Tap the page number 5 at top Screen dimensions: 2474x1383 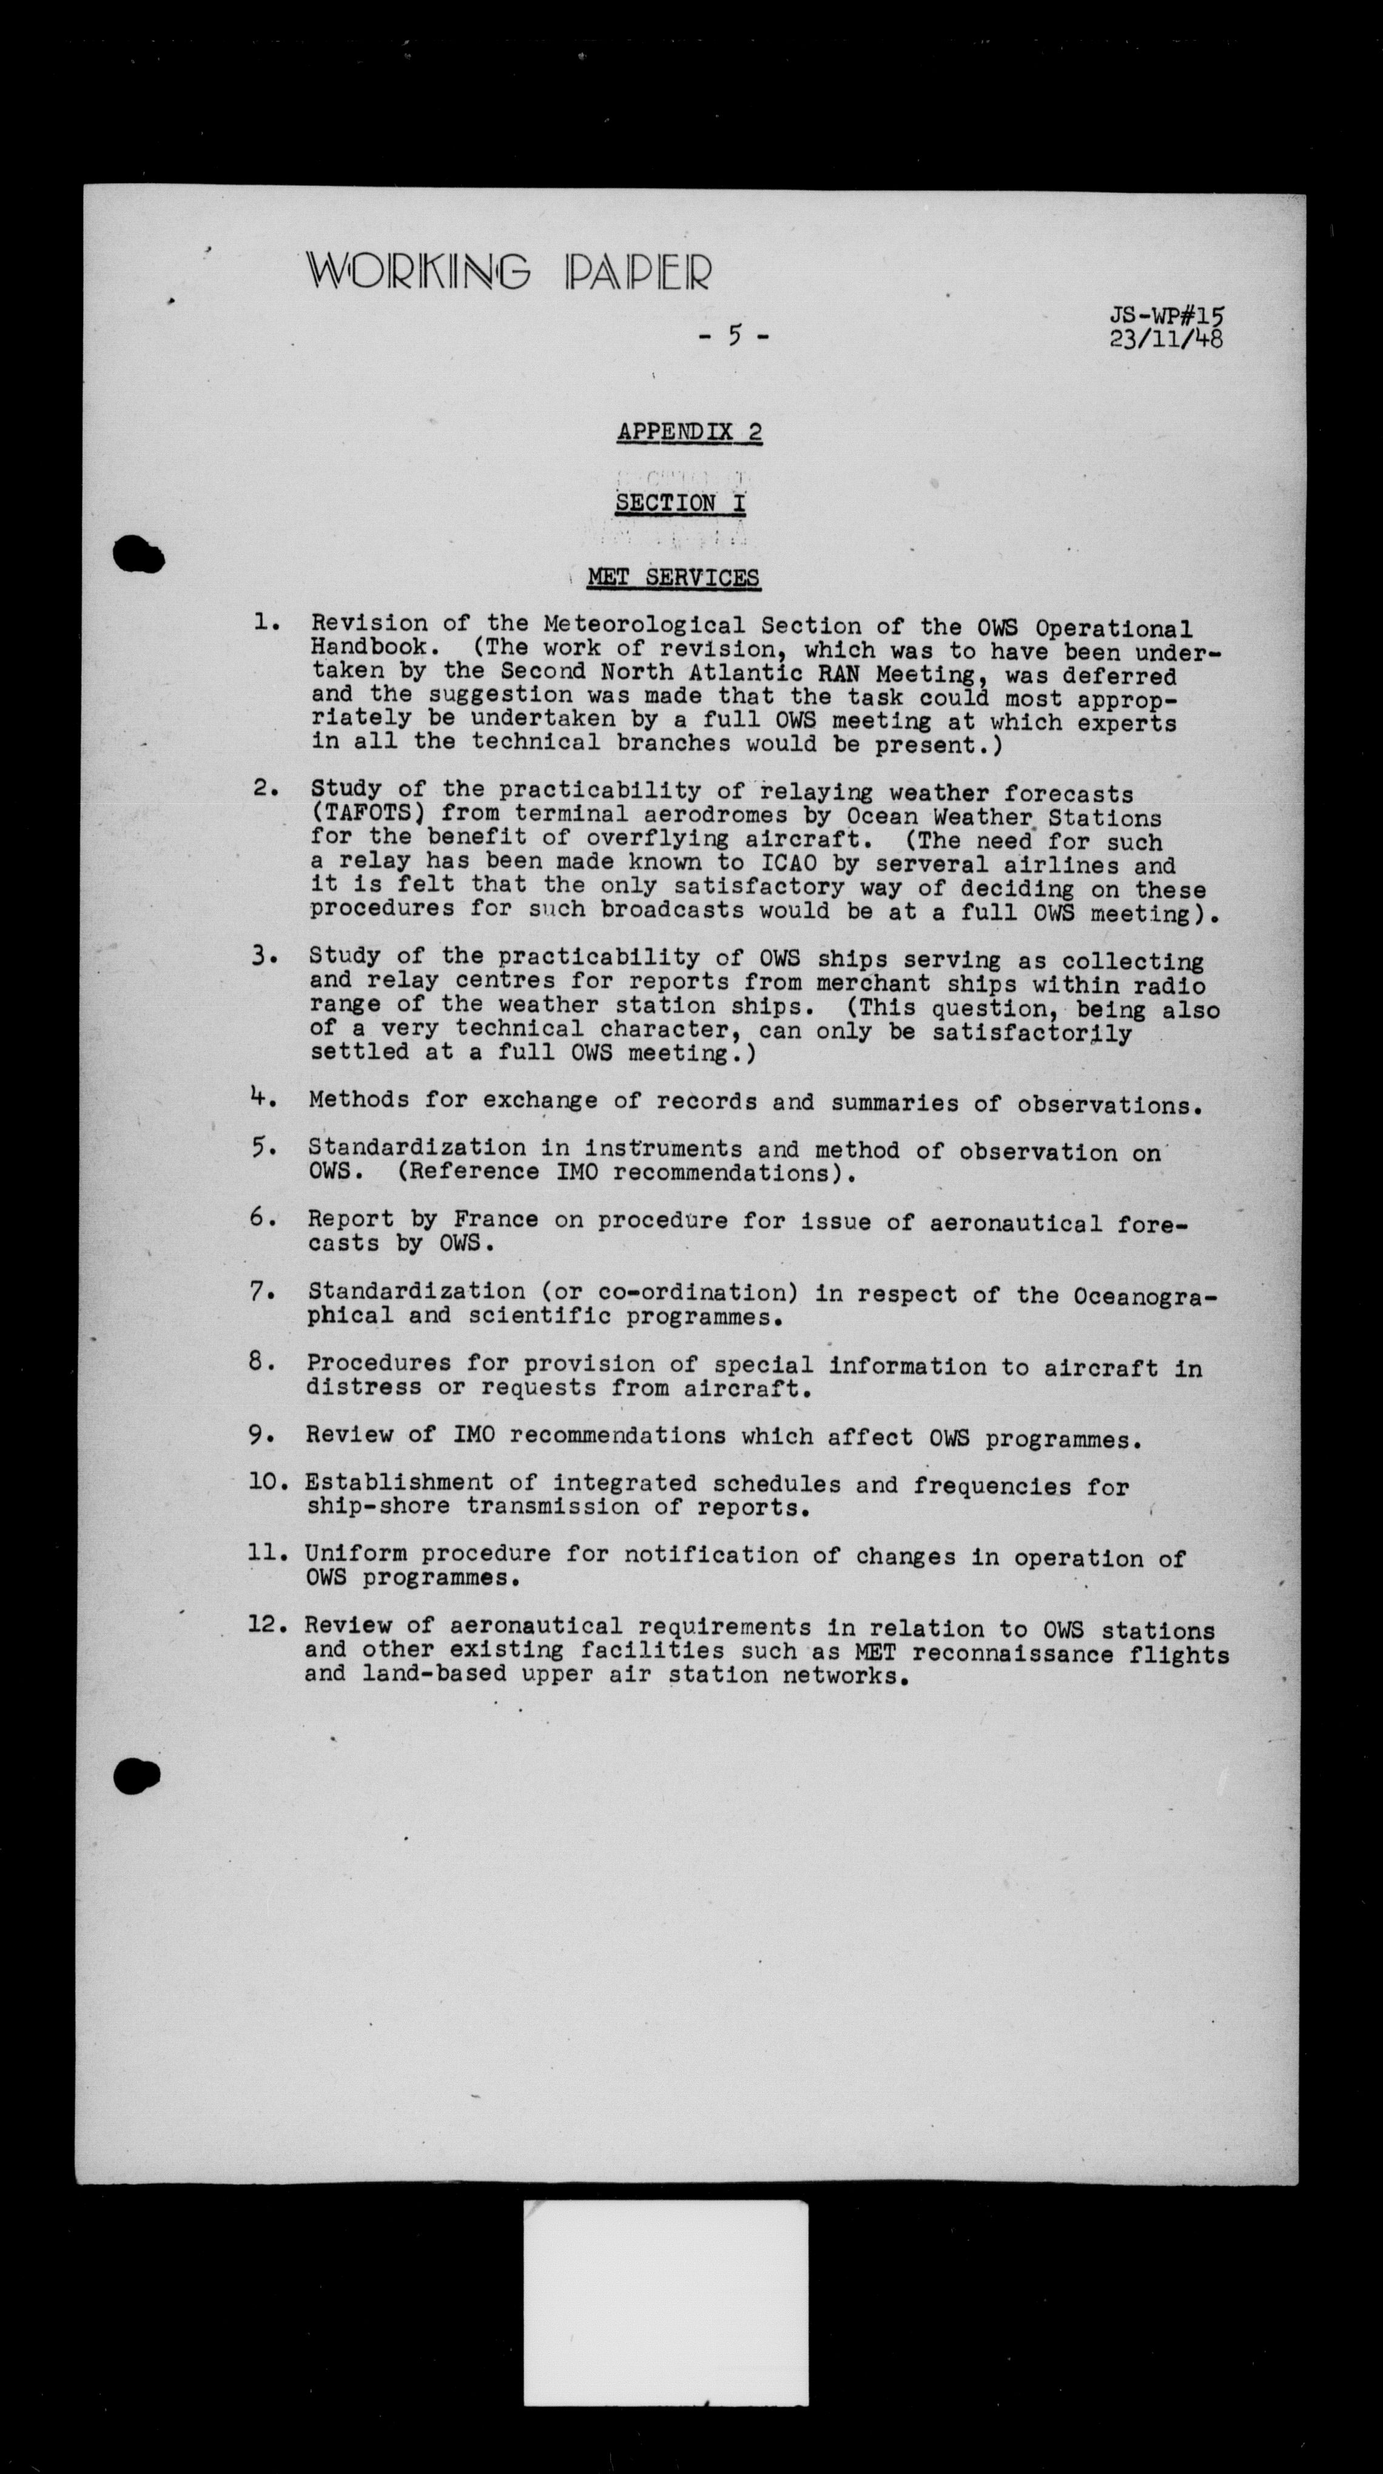click(x=735, y=336)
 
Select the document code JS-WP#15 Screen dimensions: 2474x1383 click(x=1168, y=316)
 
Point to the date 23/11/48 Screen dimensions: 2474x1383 click(x=1166, y=339)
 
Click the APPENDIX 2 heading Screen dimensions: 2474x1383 click(x=690, y=432)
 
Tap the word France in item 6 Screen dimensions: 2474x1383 click(x=496, y=1219)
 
